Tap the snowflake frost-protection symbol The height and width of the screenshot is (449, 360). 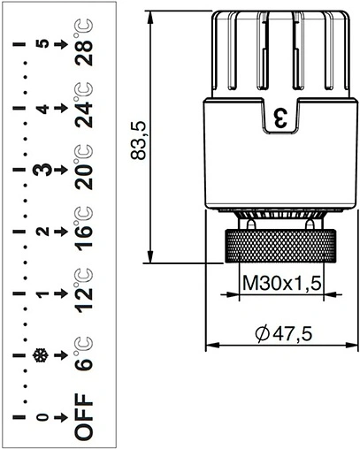tap(39, 356)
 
